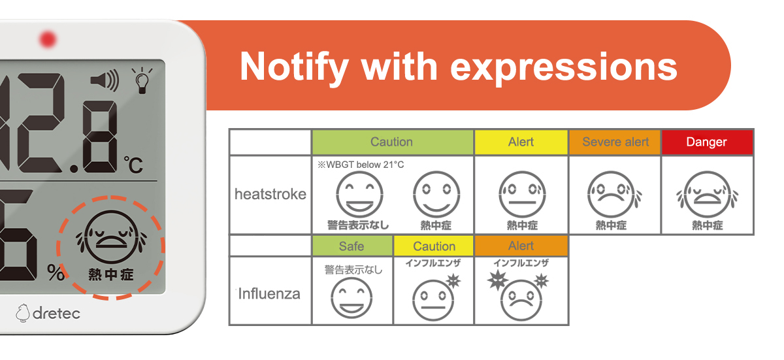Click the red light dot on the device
pyautogui.click(x=48, y=39)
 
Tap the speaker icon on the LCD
pyautogui.click(x=105, y=80)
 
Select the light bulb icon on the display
pyautogui.click(x=142, y=80)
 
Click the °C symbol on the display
pyautogui.click(x=133, y=165)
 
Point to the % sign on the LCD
pyautogui.click(x=56, y=272)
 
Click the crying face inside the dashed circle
pyautogui.click(x=111, y=237)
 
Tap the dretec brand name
pyautogui.click(x=56, y=314)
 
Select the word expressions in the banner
pyautogui.click(x=563, y=67)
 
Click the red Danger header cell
pyautogui.click(x=707, y=142)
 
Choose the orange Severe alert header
pyautogui.click(x=615, y=142)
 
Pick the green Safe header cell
pyautogui.click(x=351, y=246)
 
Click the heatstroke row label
pyautogui.click(x=270, y=194)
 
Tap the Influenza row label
pyautogui.click(x=269, y=294)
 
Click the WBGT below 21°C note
pyautogui.click(x=361, y=165)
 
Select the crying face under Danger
pyautogui.click(x=708, y=195)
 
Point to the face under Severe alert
pyautogui.click(x=614, y=195)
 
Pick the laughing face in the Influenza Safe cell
pyautogui.click(x=351, y=298)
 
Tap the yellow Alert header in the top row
pyautogui.click(x=521, y=142)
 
